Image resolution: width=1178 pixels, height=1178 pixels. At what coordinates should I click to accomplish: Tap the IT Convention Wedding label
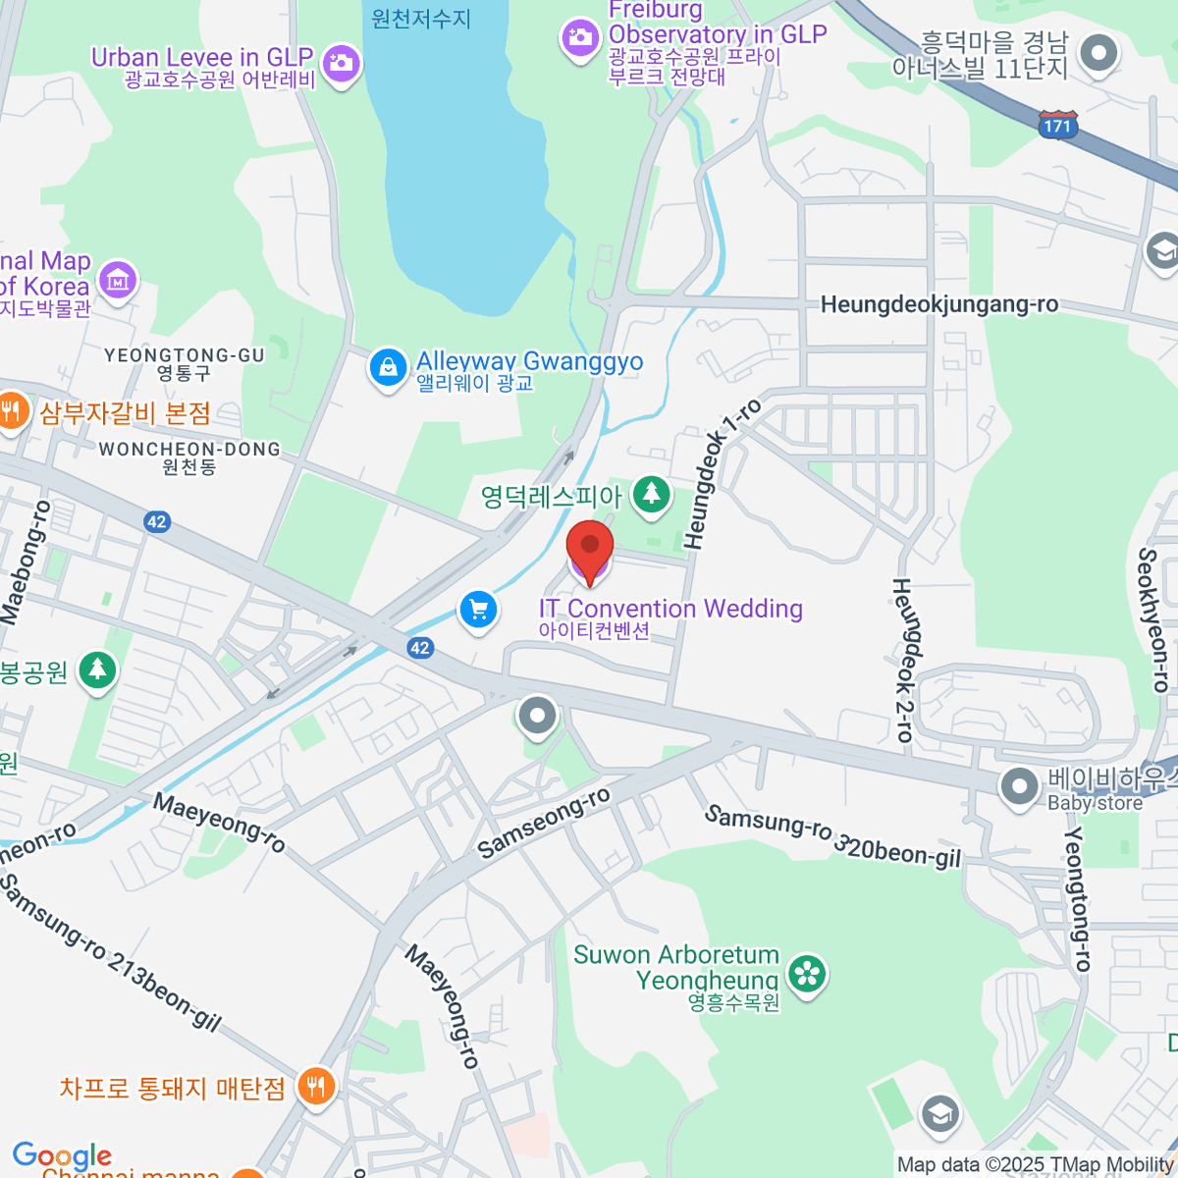pos(670,610)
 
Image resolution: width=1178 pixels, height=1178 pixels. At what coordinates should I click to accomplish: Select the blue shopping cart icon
pos(478,611)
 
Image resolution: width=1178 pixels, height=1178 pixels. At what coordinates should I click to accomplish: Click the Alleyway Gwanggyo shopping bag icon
pos(388,368)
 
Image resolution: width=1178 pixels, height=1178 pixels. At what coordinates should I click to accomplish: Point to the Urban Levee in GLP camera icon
pos(342,64)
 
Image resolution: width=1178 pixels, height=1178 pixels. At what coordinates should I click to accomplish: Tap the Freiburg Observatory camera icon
pos(579,39)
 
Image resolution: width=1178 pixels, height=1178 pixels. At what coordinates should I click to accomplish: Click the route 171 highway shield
pos(1057,125)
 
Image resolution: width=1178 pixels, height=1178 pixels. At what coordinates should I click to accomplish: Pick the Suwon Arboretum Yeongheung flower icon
pos(807,974)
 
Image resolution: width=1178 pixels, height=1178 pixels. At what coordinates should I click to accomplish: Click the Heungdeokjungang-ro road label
pos(939,304)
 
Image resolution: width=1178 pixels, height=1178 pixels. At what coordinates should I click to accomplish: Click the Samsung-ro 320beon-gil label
pos(832,837)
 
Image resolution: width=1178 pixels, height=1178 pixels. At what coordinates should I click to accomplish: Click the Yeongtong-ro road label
pos(1078,898)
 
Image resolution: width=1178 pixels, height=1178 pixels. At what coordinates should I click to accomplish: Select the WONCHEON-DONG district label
pos(189,450)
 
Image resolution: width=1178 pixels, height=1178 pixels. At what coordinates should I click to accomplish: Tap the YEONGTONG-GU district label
pos(185,355)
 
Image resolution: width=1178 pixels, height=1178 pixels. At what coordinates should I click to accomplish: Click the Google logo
pos(62,1155)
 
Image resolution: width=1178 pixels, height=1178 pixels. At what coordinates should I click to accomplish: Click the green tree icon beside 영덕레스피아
pos(650,495)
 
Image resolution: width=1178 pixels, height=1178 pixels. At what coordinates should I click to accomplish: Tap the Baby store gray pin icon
pos(1020,786)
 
